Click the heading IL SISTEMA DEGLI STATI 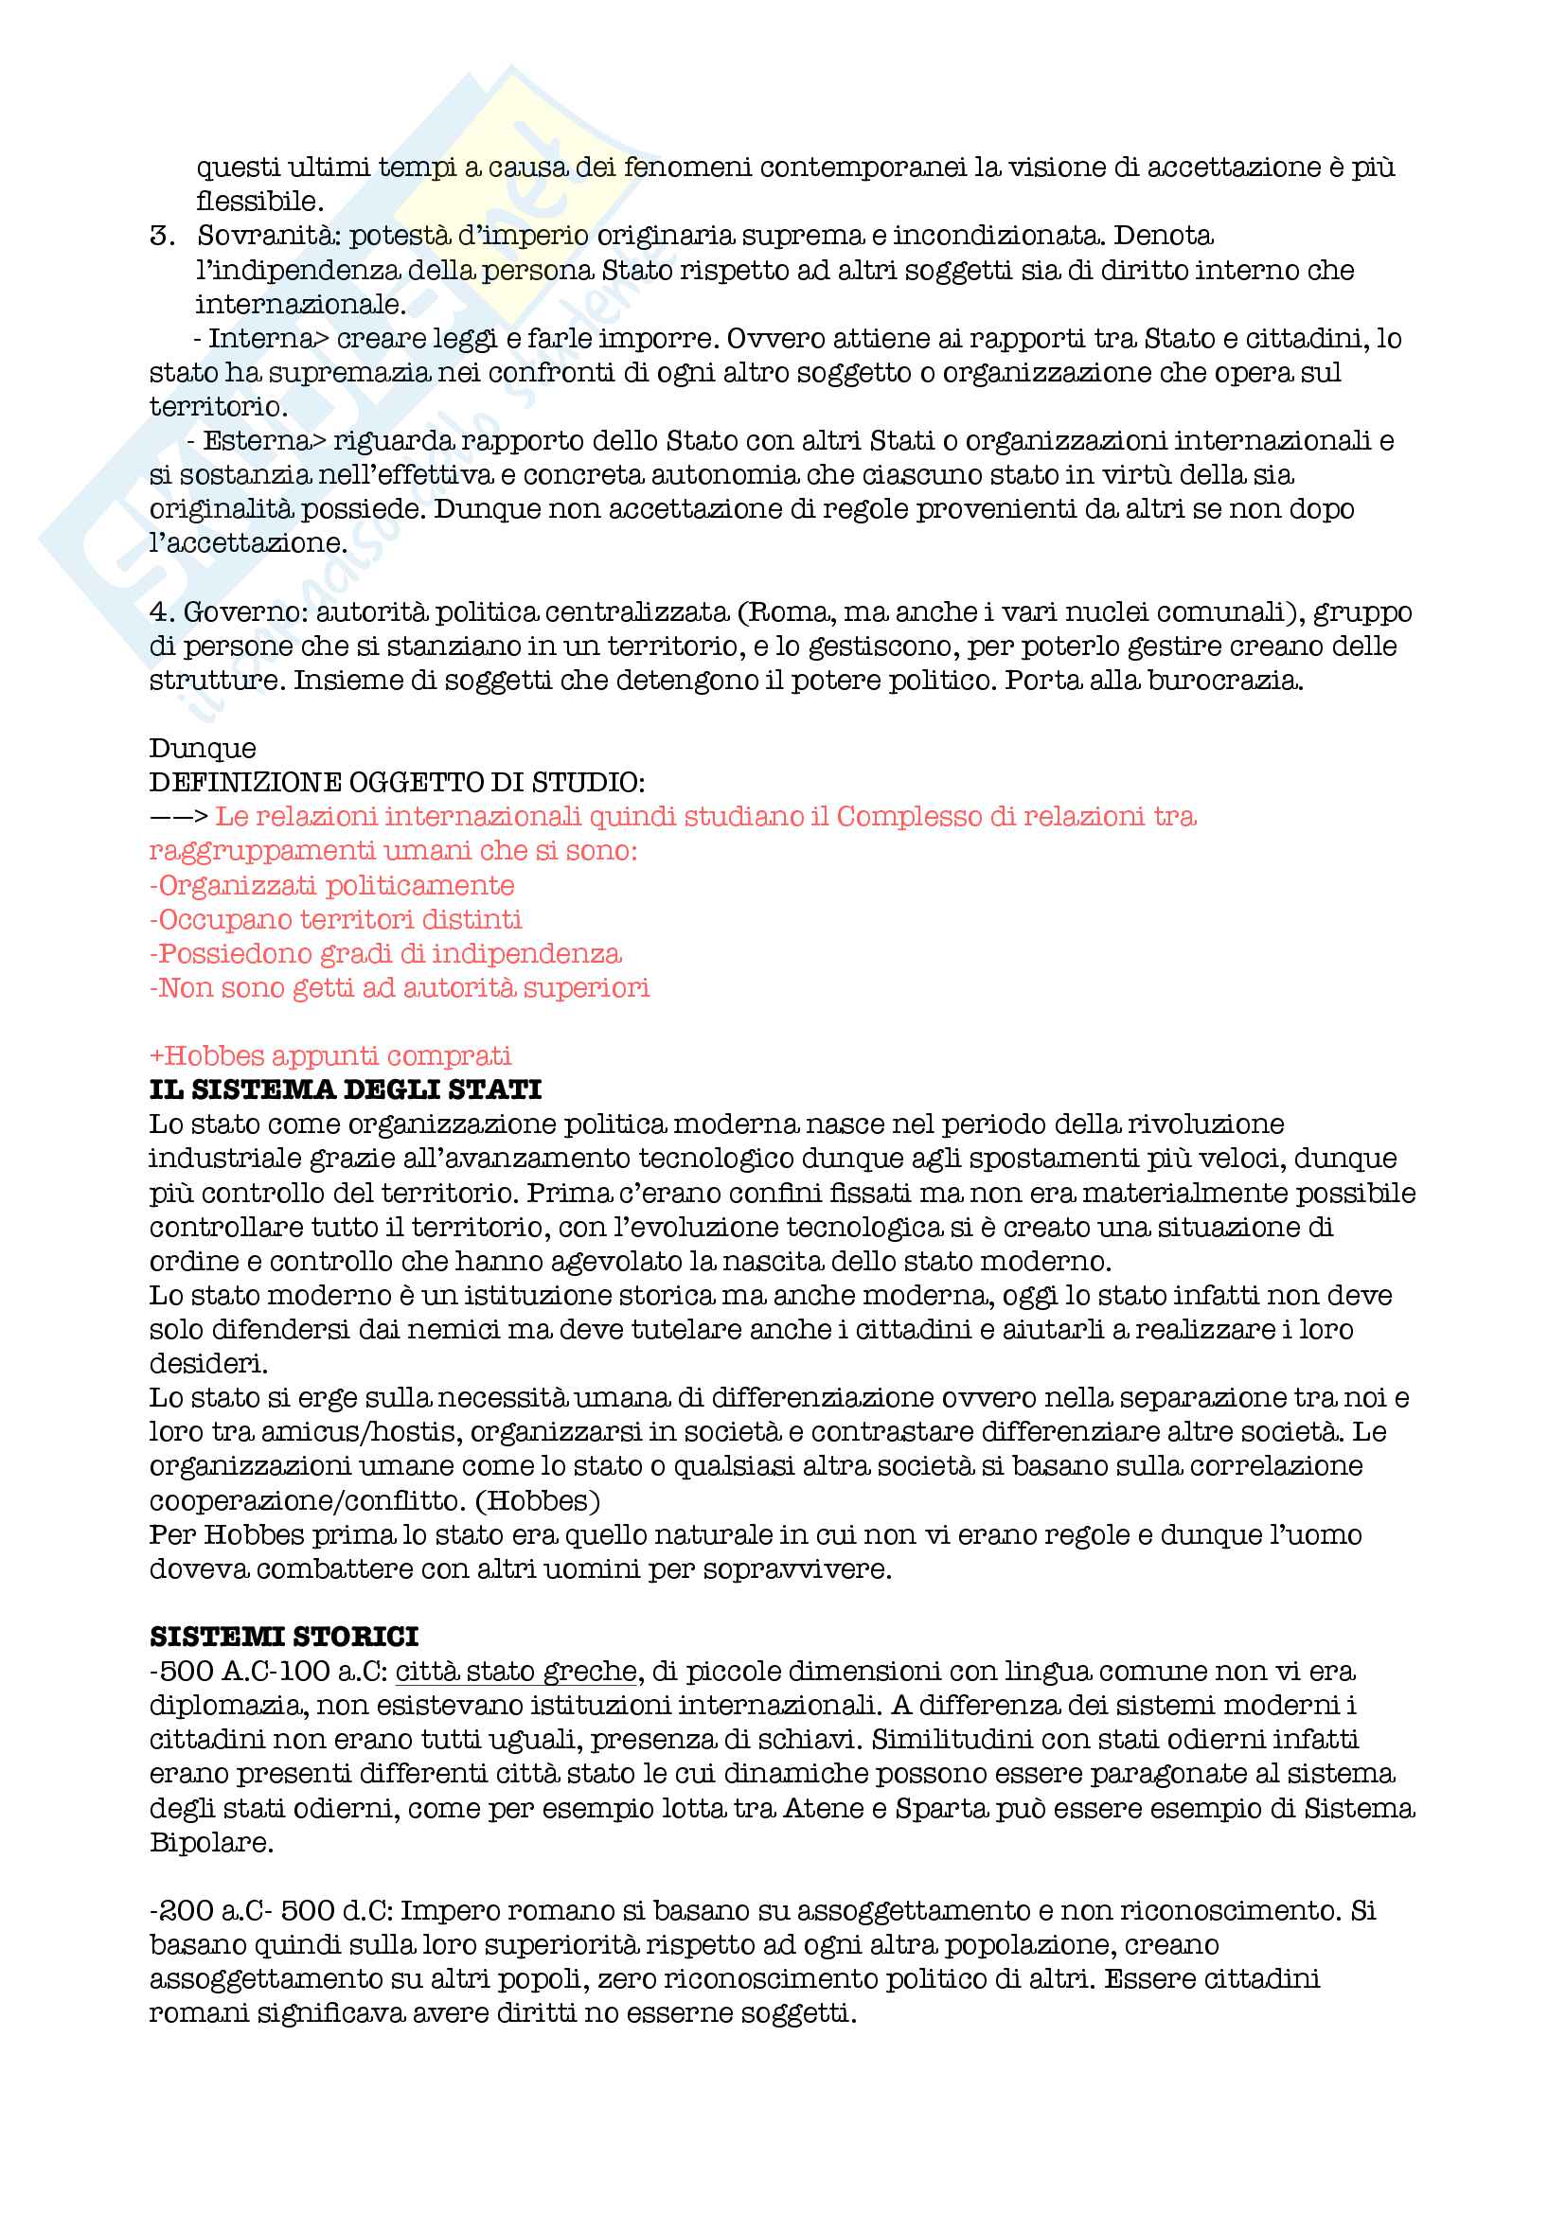pyautogui.click(x=346, y=1089)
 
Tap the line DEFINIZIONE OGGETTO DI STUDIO pyautogui.click(x=398, y=782)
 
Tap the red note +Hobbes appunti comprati pyautogui.click(x=329, y=1054)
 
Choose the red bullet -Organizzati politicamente pyautogui.click(x=331, y=885)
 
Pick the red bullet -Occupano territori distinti pyautogui.click(x=335, y=919)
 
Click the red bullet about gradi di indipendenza pyautogui.click(x=384, y=954)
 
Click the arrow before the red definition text pyautogui.click(x=178, y=817)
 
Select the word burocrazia pyautogui.click(x=1224, y=681)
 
